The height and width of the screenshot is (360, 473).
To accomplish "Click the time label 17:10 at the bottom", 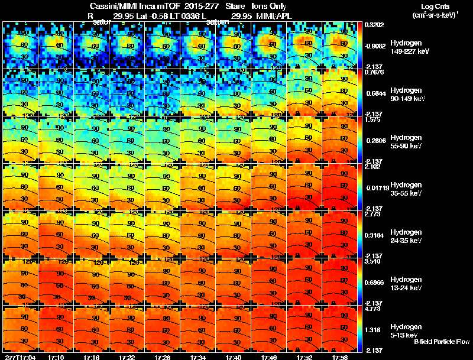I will click(57, 357).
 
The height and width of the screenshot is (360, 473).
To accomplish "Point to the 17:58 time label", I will click(339, 357).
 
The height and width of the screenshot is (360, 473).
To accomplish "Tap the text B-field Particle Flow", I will click(442, 342).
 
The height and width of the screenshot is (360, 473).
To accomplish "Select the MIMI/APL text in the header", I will click(272, 16).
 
